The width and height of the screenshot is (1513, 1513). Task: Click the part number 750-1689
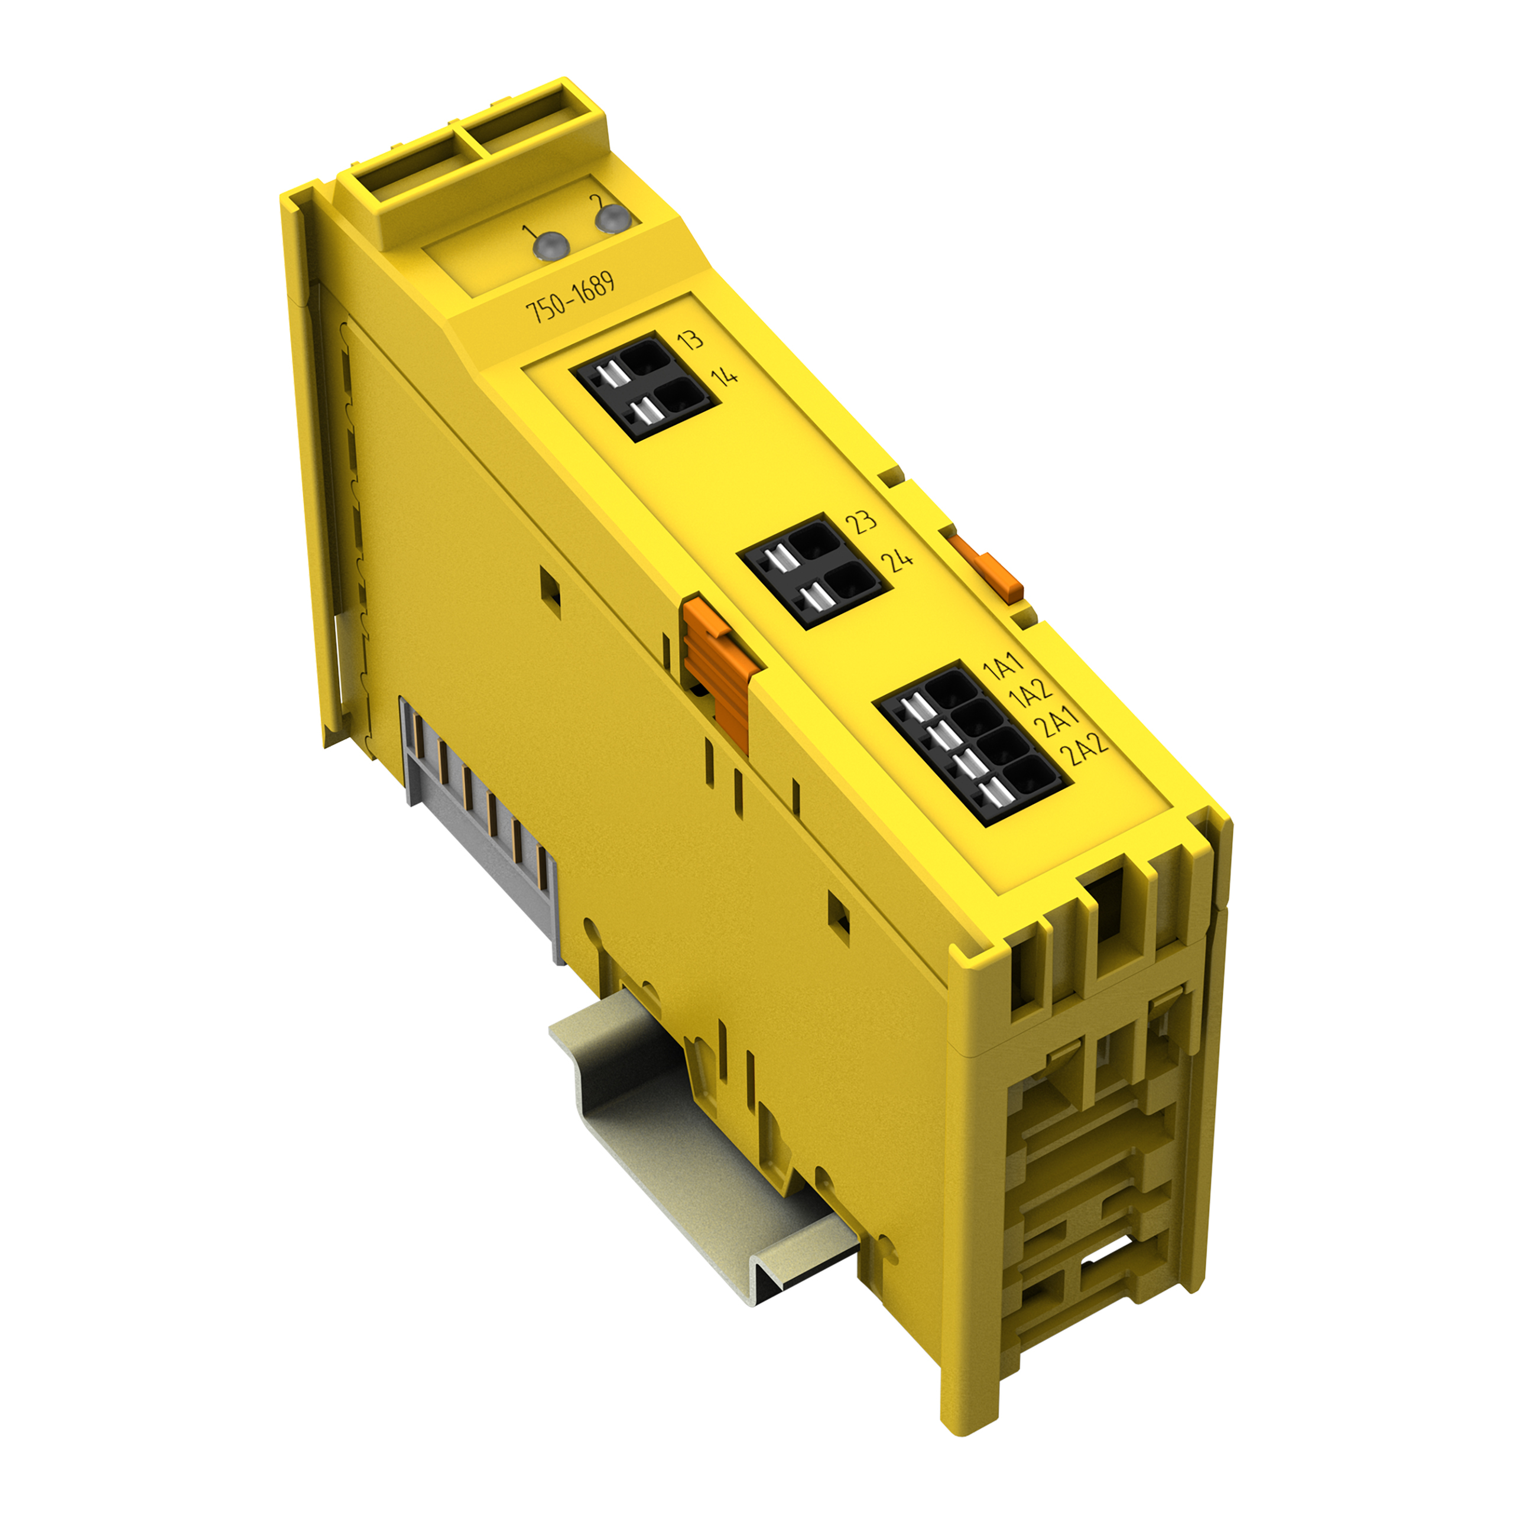(x=569, y=298)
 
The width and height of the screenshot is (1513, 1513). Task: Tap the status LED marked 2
(x=612, y=219)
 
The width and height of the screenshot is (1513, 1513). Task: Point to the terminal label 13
(x=690, y=340)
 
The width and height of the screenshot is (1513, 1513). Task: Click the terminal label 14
(x=725, y=376)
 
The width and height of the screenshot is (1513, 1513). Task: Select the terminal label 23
(x=862, y=521)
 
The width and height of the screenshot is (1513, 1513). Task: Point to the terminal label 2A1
(x=1058, y=720)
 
